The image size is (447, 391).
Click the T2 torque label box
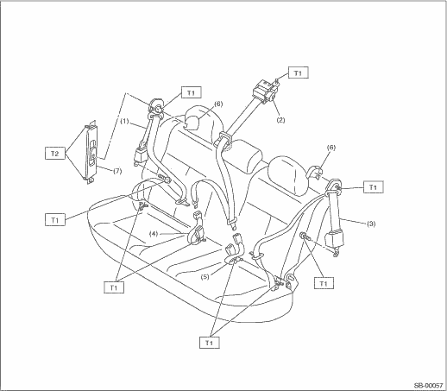[x=55, y=153]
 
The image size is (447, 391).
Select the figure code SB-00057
[x=429, y=385]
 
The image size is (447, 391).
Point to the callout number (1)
[x=124, y=121]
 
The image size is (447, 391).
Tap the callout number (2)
[x=280, y=120]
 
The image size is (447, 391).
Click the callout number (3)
[x=371, y=224]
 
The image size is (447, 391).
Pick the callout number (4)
[x=154, y=234]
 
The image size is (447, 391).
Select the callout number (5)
[x=205, y=277]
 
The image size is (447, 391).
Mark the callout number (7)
[x=117, y=171]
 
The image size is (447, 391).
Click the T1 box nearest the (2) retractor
[x=298, y=73]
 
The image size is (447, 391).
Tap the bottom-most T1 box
[x=210, y=343]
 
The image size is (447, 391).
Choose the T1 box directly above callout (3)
[x=373, y=187]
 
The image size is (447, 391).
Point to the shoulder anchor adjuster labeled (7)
[x=91, y=152]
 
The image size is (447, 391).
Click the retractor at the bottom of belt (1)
[x=140, y=156]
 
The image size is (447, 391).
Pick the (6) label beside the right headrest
[x=331, y=148]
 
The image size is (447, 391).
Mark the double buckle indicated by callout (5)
[x=235, y=249]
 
